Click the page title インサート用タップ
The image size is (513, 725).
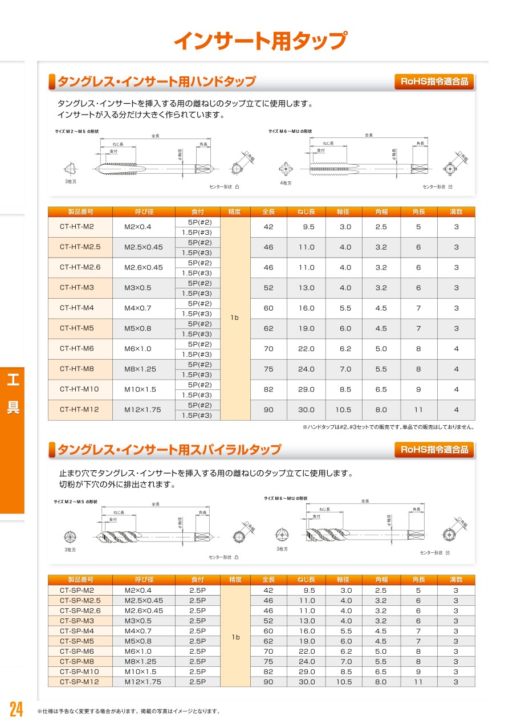(260, 41)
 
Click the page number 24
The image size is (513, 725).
(16, 710)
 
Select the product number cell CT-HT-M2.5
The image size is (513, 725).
(80, 247)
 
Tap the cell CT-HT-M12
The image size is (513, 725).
(80, 409)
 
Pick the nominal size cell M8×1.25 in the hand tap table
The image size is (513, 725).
(140, 369)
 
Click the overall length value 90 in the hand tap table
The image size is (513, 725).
(268, 410)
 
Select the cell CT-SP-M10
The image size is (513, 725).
(79, 671)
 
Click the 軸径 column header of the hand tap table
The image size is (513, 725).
(343, 212)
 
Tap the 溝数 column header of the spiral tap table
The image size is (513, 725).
(456, 580)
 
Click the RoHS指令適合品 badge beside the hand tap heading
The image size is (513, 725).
(434, 82)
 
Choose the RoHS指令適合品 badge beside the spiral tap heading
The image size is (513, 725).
(434, 450)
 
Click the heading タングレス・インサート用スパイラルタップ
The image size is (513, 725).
(169, 450)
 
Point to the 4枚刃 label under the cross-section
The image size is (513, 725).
(285, 183)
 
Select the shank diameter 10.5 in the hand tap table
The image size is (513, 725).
(343, 410)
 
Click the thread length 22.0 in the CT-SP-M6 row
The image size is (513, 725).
(307, 651)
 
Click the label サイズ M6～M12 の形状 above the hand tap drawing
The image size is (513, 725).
(291, 132)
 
